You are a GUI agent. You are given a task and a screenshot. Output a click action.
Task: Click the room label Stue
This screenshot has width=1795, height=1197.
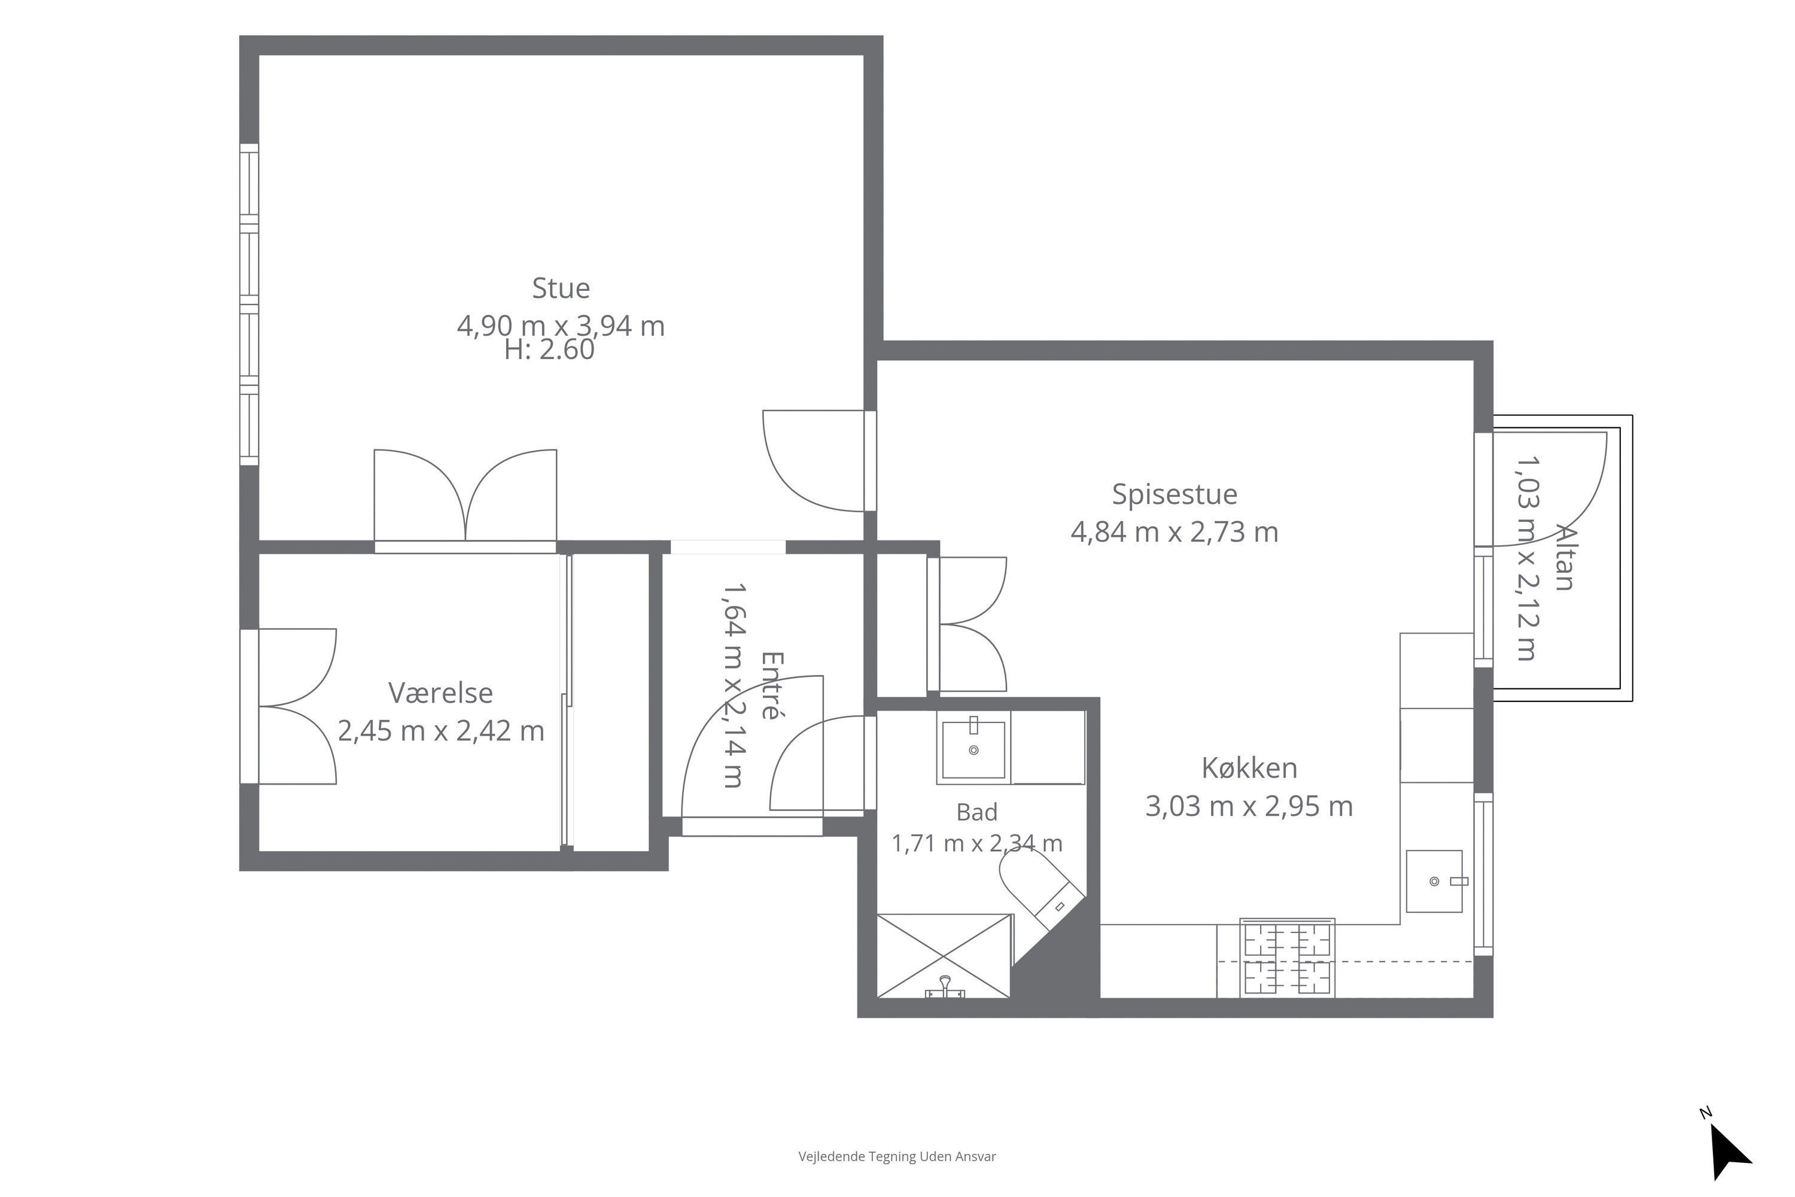561,288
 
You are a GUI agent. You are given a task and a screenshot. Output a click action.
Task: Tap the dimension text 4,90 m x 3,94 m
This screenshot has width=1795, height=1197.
561,326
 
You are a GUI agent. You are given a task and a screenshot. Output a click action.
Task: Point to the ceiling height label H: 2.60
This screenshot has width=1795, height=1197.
549,350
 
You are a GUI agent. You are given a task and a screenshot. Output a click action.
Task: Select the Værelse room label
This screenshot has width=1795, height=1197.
440,693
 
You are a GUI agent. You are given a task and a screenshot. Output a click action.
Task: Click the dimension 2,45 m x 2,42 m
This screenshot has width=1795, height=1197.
441,731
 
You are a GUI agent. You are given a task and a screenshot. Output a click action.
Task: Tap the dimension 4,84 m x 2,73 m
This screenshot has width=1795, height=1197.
1175,532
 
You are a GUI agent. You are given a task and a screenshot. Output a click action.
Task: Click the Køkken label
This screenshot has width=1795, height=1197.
1249,768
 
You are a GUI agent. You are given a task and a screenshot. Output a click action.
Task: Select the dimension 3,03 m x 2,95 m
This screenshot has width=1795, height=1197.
1249,806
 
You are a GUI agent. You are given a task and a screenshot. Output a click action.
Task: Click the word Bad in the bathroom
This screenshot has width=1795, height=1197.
977,812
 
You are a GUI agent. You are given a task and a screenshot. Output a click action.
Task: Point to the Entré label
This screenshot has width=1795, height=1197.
772,685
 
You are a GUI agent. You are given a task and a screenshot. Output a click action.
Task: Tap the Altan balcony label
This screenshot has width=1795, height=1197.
1565,557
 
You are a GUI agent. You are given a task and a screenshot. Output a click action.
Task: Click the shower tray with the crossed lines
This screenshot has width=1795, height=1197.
944,956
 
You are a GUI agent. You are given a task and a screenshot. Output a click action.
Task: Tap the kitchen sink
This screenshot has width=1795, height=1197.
1435,882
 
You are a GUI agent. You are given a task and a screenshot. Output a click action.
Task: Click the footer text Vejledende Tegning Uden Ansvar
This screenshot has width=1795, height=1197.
898,1156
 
